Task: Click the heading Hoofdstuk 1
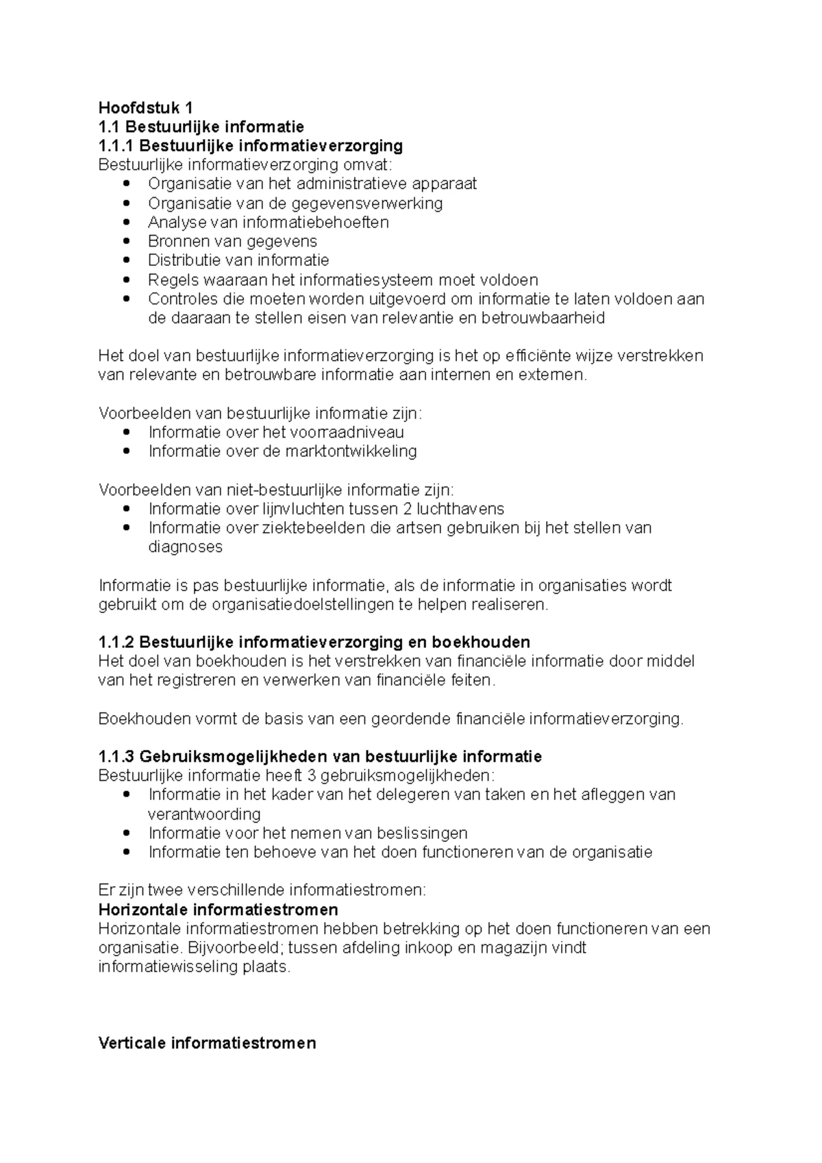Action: (x=146, y=108)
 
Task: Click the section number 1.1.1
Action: (x=116, y=146)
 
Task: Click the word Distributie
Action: (x=179, y=260)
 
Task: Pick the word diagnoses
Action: (x=185, y=547)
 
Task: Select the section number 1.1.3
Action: (x=116, y=757)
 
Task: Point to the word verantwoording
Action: (x=204, y=814)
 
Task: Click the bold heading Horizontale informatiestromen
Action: (x=218, y=910)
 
